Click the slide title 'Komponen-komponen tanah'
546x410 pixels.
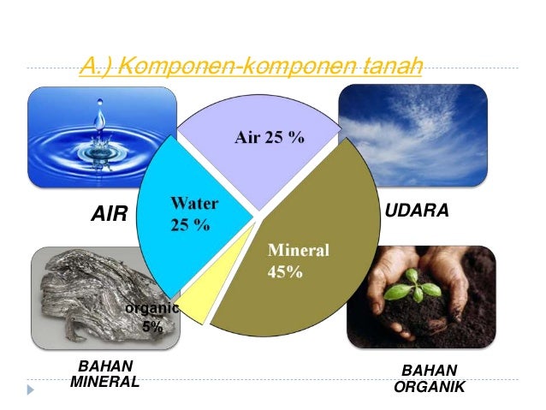pyautogui.click(x=250, y=66)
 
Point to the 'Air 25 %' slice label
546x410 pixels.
pyautogui.click(x=270, y=138)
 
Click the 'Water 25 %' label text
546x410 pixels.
pyautogui.click(x=193, y=214)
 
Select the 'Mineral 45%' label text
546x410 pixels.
pyautogui.click(x=299, y=261)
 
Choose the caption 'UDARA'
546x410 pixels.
pyautogui.click(x=417, y=210)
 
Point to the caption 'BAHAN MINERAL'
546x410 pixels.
pyautogui.click(x=104, y=375)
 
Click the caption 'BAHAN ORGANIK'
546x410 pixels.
pyautogui.click(x=429, y=378)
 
